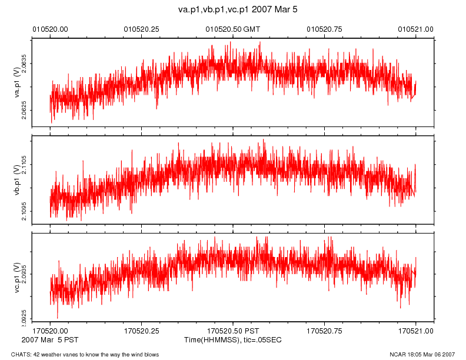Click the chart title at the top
[233, 10]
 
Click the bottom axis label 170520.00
[50, 331]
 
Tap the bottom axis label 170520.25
[142, 331]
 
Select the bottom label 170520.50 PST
[232, 331]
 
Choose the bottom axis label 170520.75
[325, 331]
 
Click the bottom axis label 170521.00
[416, 331]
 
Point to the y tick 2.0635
[24, 62]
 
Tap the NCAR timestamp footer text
[422, 354]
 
